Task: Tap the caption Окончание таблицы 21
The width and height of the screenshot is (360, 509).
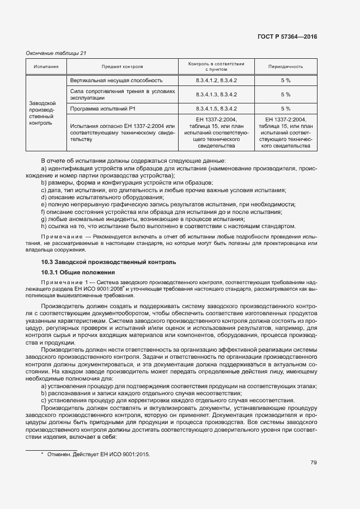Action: coord(57,53)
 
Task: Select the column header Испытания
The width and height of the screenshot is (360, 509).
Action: coord(46,67)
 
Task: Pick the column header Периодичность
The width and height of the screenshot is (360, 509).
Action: coord(285,67)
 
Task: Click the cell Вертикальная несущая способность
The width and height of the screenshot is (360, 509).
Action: coord(117,81)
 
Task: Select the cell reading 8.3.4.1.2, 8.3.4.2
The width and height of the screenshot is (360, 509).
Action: coord(216,81)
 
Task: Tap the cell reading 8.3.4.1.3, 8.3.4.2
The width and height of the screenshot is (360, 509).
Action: coord(216,95)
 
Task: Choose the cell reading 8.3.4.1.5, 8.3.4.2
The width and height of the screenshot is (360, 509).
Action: coord(216,109)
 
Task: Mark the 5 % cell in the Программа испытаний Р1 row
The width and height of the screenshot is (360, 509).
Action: coord(285,109)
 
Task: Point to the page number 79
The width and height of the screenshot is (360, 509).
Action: coord(313,463)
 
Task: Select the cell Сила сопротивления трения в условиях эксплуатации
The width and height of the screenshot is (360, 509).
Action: coord(122,95)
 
